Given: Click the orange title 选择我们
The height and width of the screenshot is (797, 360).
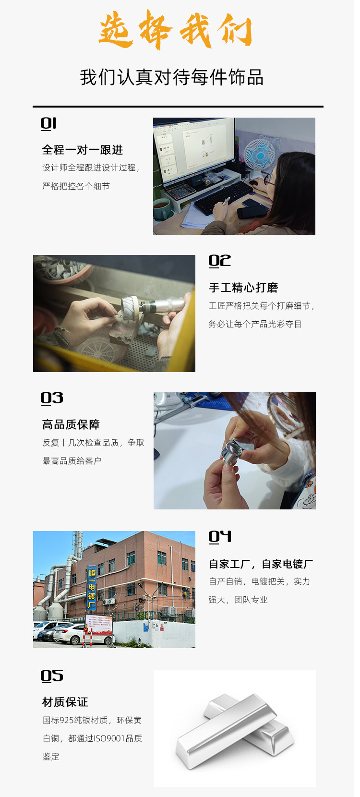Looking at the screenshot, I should coord(176,29).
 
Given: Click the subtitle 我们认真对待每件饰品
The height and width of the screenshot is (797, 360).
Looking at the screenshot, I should coord(172,77).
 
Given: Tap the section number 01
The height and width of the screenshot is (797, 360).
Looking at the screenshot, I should coord(48,123).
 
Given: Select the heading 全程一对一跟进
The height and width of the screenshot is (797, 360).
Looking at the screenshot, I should coord(83,150).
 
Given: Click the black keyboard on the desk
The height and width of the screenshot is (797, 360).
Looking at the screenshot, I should coord(223,197).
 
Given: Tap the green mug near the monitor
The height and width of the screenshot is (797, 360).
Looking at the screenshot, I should coord(162,209).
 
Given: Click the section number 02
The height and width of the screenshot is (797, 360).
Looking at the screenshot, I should coord(219,261).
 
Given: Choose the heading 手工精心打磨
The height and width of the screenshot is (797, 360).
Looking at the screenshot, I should coord(243,288).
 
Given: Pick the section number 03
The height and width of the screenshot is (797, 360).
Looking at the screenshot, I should coord(52,398).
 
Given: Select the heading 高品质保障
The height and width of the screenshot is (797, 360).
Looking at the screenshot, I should coord(71,424).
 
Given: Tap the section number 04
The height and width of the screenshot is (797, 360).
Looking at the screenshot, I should coord(220,536).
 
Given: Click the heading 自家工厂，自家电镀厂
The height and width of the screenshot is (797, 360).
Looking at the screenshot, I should coord(261,564).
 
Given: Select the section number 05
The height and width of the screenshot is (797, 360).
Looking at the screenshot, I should coord(52,676).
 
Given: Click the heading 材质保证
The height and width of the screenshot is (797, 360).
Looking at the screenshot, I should coord(65,702).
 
